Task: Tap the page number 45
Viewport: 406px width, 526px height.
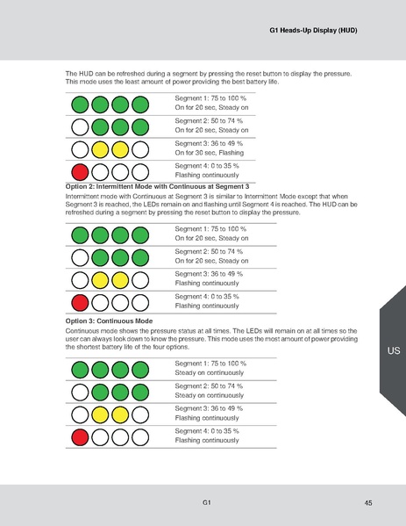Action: pyautogui.click(x=367, y=501)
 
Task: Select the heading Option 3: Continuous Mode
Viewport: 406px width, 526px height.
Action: pyautogui.click(x=109, y=321)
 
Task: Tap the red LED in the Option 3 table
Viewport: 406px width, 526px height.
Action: pyautogui.click(x=80, y=436)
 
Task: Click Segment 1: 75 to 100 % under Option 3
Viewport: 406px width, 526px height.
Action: pyautogui.click(x=210, y=363)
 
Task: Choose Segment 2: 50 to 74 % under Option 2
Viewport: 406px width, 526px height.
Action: pyautogui.click(x=210, y=251)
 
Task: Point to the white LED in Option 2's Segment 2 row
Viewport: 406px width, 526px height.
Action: pyautogui.click(x=80, y=258)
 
